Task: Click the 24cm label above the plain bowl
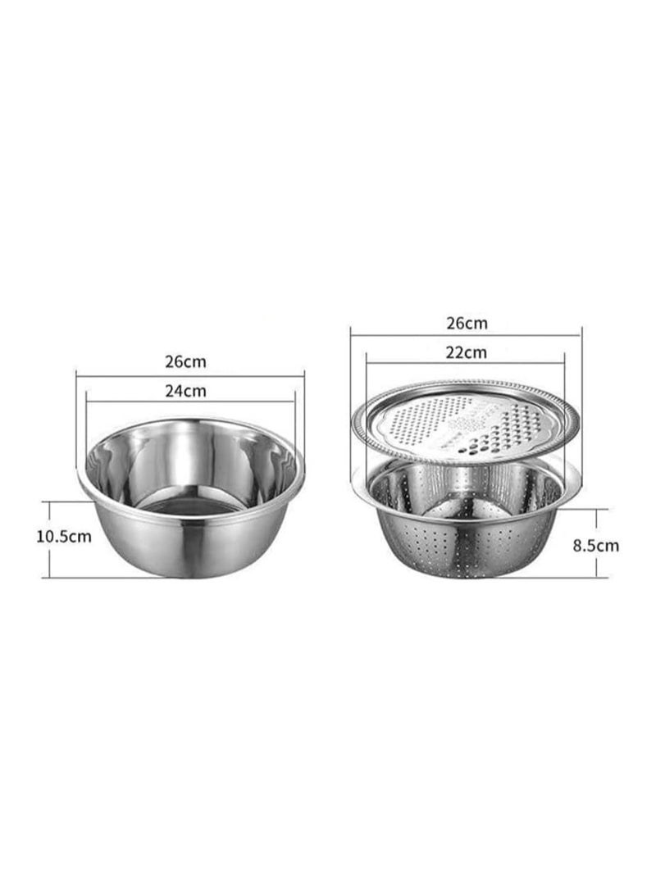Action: pos(185,391)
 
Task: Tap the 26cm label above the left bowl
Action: pos(185,361)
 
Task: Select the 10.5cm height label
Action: pos(64,537)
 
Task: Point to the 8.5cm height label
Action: pos(595,546)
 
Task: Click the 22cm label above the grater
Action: pos(467,352)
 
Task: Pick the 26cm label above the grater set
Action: pos(467,324)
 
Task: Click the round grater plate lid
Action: pos(466,423)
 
